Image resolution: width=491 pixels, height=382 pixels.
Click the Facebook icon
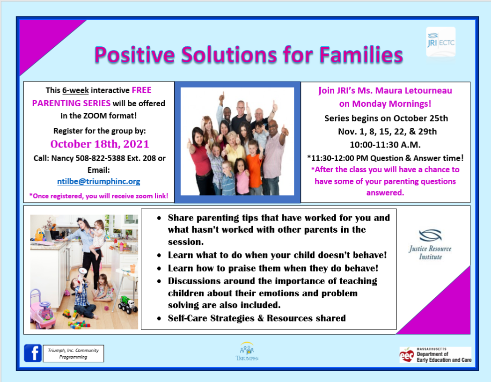tap(33, 353)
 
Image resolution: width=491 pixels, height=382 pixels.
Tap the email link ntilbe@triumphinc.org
tap(99, 181)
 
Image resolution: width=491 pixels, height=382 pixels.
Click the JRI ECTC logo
tap(441, 42)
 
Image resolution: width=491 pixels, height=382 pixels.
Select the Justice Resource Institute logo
tap(430, 244)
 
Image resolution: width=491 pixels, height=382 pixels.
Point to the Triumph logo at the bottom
tap(247, 351)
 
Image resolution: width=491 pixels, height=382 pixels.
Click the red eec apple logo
tap(406, 355)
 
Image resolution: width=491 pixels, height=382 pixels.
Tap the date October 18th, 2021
tap(100, 144)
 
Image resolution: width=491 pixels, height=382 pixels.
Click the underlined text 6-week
tap(75, 90)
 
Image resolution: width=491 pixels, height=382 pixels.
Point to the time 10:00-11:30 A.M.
tap(385, 145)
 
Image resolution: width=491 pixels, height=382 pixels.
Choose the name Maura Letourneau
tap(414, 90)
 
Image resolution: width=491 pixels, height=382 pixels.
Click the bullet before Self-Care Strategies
tap(159, 319)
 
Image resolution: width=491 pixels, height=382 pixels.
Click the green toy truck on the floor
tap(128, 304)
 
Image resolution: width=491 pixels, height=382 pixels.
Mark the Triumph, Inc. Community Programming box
tap(73, 353)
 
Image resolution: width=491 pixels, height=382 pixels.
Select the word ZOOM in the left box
tap(95, 116)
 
